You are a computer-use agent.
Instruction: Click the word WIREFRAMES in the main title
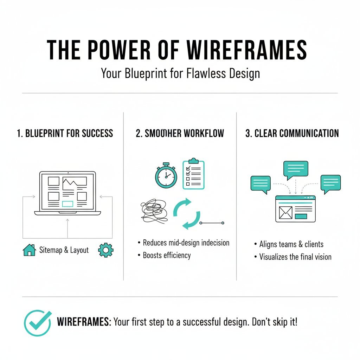pyautogui.click(x=246, y=50)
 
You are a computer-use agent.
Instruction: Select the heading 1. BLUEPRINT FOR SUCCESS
pyautogui.click(x=65, y=133)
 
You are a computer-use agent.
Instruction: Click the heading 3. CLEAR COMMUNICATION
pyautogui.click(x=292, y=133)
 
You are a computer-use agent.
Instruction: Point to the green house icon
pyautogui.click(x=30, y=250)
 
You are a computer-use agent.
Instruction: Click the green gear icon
pyautogui.click(x=105, y=250)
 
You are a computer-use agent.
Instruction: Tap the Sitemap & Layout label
pyautogui.click(x=64, y=250)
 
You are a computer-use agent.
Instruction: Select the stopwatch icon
pyautogui.click(x=166, y=175)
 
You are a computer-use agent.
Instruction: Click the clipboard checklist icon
pyautogui.click(x=194, y=174)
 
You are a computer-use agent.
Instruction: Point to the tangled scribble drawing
pyautogui.click(x=154, y=211)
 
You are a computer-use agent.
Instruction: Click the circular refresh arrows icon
pyautogui.click(x=187, y=214)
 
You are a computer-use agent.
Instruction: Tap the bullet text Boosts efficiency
pyautogui.click(x=167, y=255)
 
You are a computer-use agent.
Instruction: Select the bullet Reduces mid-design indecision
pyautogui.click(x=186, y=243)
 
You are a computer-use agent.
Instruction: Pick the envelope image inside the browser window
pyautogui.click(x=285, y=212)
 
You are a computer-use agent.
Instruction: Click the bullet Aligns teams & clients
pyautogui.click(x=291, y=244)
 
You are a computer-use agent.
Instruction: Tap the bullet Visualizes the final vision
pyautogui.click(x=295, y=257)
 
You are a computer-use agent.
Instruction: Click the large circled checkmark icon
pyautogui.click(x=37, y=323)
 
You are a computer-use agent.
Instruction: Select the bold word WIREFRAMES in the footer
pyautogui.click(x=84, y=322)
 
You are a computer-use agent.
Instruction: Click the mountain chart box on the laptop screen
pyautogui.click(x=75, y=181)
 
